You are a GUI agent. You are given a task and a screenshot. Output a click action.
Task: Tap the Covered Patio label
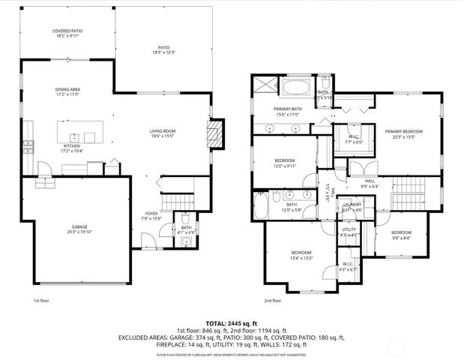click(67, 34)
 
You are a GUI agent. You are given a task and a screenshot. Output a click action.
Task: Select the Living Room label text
click(162, 133)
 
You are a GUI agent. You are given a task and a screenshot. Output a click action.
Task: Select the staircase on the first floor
click(174, 197)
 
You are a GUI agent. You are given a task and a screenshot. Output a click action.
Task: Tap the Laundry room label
click(352, 207)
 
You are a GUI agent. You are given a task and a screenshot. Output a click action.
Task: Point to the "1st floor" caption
click(41, 300)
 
